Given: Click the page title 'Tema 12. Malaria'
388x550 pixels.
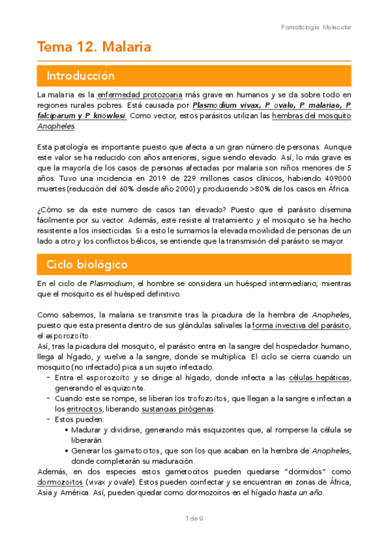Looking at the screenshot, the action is point(95,47).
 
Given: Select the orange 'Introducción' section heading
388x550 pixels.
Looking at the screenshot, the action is point(80,77).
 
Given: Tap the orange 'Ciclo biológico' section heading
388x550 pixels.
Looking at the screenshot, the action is point(86,265).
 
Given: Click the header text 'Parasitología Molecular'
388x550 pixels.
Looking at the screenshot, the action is point(317,27).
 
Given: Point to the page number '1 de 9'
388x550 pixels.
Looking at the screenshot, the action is point(194,518).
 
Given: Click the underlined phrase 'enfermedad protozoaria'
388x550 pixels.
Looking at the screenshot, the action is point(139,94).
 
